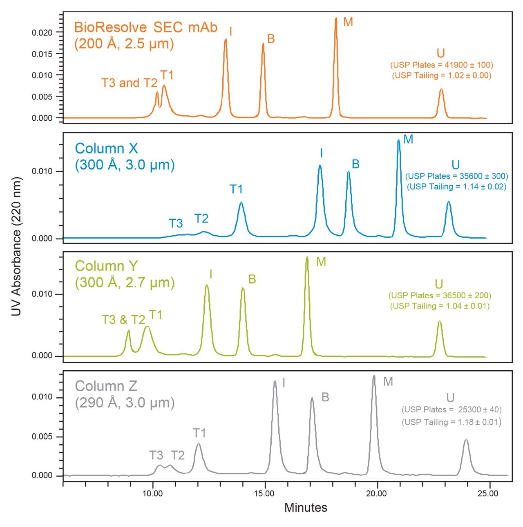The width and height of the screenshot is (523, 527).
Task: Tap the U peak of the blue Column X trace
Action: [449, 202]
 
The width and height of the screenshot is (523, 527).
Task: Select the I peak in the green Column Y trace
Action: [207, 286]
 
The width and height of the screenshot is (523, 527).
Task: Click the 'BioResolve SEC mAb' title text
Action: [145, 27]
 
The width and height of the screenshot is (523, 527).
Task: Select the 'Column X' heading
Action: [107, 148]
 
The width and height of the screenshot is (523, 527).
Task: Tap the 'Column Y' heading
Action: [106, 266]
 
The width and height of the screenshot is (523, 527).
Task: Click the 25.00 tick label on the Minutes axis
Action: [488, 493]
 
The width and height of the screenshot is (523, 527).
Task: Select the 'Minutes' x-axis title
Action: [306, 508]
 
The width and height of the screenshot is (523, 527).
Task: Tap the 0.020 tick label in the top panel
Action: [42, 33]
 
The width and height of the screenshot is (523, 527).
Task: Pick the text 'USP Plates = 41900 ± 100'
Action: [442, 65]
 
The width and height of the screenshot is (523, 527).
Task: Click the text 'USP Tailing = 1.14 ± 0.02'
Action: [456, 187]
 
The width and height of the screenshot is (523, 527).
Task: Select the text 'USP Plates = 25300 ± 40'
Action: [451, 410]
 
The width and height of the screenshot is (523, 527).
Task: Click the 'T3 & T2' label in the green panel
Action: [123, 320]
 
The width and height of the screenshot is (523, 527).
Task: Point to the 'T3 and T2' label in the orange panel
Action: [129, 83]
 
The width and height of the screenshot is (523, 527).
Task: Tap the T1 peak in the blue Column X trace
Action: [241, 203]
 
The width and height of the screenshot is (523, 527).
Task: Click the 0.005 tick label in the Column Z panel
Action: [42, 437]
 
